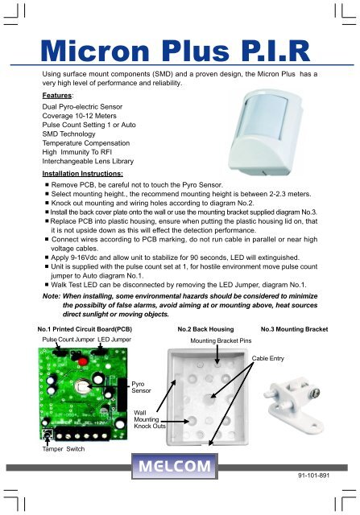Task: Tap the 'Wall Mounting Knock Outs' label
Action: [150, 418]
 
